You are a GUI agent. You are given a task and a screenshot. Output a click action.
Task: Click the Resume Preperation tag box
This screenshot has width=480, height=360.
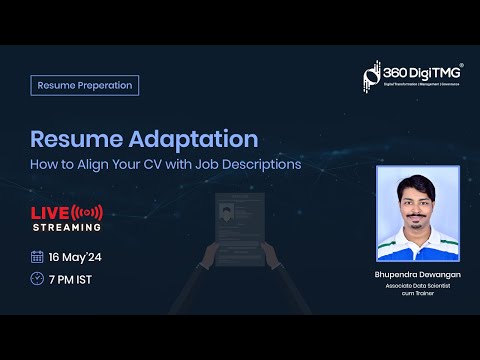pos(84,85)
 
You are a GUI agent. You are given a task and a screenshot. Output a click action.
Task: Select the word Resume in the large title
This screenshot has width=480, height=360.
pos(70,138)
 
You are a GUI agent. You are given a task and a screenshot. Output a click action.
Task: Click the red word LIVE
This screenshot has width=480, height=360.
pos(50,212)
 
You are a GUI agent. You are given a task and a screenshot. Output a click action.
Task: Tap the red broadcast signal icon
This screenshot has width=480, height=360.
pos(88,212)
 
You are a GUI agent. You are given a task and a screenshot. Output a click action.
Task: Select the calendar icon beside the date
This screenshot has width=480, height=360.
pos(37,256)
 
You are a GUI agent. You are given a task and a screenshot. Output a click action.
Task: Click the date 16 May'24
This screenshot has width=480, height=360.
pos(76,256)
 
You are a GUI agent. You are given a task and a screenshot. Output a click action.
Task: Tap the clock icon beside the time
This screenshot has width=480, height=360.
pos(37,278)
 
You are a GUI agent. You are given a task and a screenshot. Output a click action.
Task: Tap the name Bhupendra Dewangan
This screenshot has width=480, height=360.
pos(417,273)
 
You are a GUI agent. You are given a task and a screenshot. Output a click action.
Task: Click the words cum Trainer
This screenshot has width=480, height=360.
pos(417,293)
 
